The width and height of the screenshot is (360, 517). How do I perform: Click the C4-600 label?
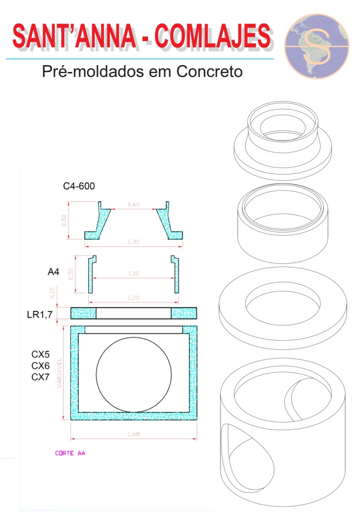pos(79,186)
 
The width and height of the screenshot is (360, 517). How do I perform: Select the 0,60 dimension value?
pos(133,204)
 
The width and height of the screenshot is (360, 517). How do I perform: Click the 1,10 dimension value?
pos(133,273)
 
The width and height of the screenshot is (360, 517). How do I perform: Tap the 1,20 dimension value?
pos(133,299)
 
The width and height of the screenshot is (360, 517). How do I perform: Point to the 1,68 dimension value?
pos(133,435)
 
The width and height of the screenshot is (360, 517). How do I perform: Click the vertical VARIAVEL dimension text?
pos(60,373)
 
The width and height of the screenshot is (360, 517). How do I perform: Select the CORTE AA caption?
pos(70,453)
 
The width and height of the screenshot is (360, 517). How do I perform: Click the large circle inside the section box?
pos(134,375)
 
